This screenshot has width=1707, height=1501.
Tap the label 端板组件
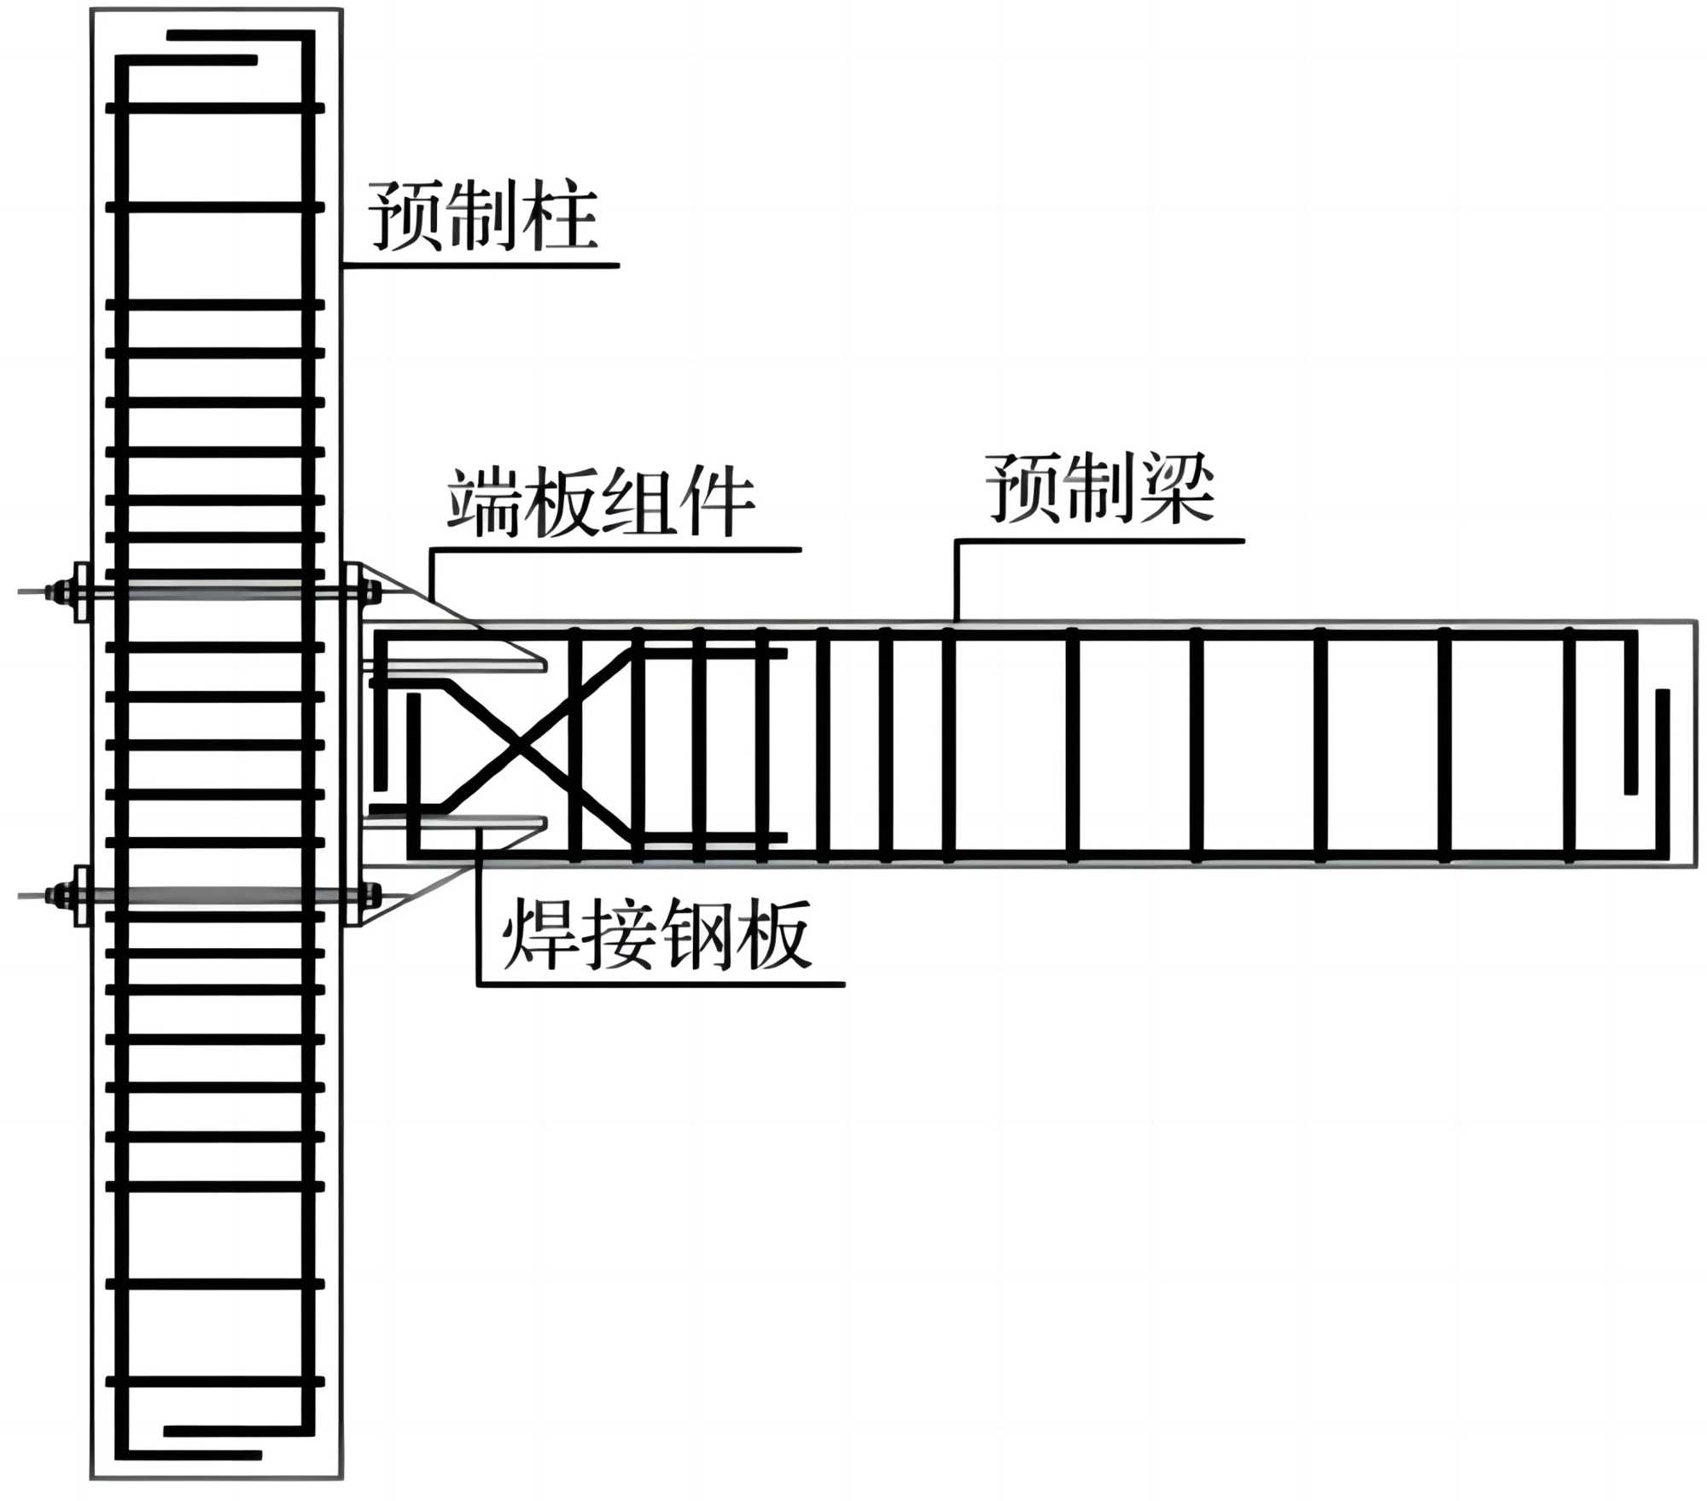[601, 503]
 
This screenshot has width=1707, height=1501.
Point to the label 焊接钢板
[656, 935]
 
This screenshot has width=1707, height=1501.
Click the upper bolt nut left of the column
[61, 591]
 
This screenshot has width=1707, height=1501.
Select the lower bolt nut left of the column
[61, 895]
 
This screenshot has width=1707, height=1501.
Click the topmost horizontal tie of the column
[215, 108]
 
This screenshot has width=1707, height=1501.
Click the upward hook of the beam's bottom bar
[1662, 768]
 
